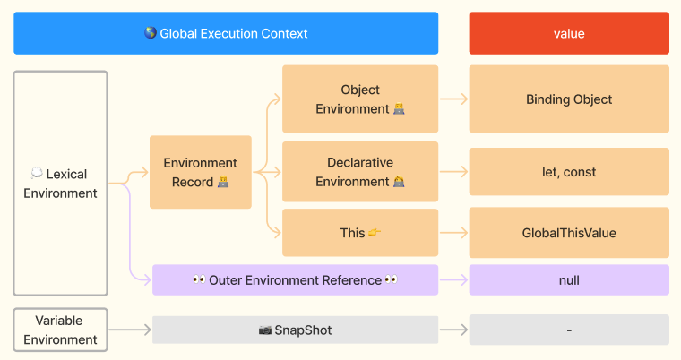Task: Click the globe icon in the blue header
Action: [x=151, y=32]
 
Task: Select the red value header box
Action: [x=569, y=33]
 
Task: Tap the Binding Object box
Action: [x=569, y=99]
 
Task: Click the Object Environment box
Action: [x=360, y=99]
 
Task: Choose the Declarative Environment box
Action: [x=360, y=172]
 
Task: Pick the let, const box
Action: [x=569, y=172]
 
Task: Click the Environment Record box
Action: [x=200, y=172]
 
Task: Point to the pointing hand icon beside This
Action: [x=375, y=233]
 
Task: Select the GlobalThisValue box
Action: [x=569, y=233]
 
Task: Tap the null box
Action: [x=569, y=280]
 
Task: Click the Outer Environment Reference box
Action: [x=295, y=280]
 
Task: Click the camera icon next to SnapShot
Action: [x=265, y=330]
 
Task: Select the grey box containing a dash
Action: [x=569, y=330]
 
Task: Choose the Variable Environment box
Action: [x=60, y=330]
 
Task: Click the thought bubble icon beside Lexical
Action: [x=37, y=173]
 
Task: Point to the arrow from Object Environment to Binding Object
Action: [x=453, y=99]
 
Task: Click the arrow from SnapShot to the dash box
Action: [x=453, y=330]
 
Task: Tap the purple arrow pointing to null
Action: [x=453, y=280]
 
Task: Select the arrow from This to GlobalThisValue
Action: [x=453, y=233]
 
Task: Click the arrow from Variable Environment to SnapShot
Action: [x=129, y=330]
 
